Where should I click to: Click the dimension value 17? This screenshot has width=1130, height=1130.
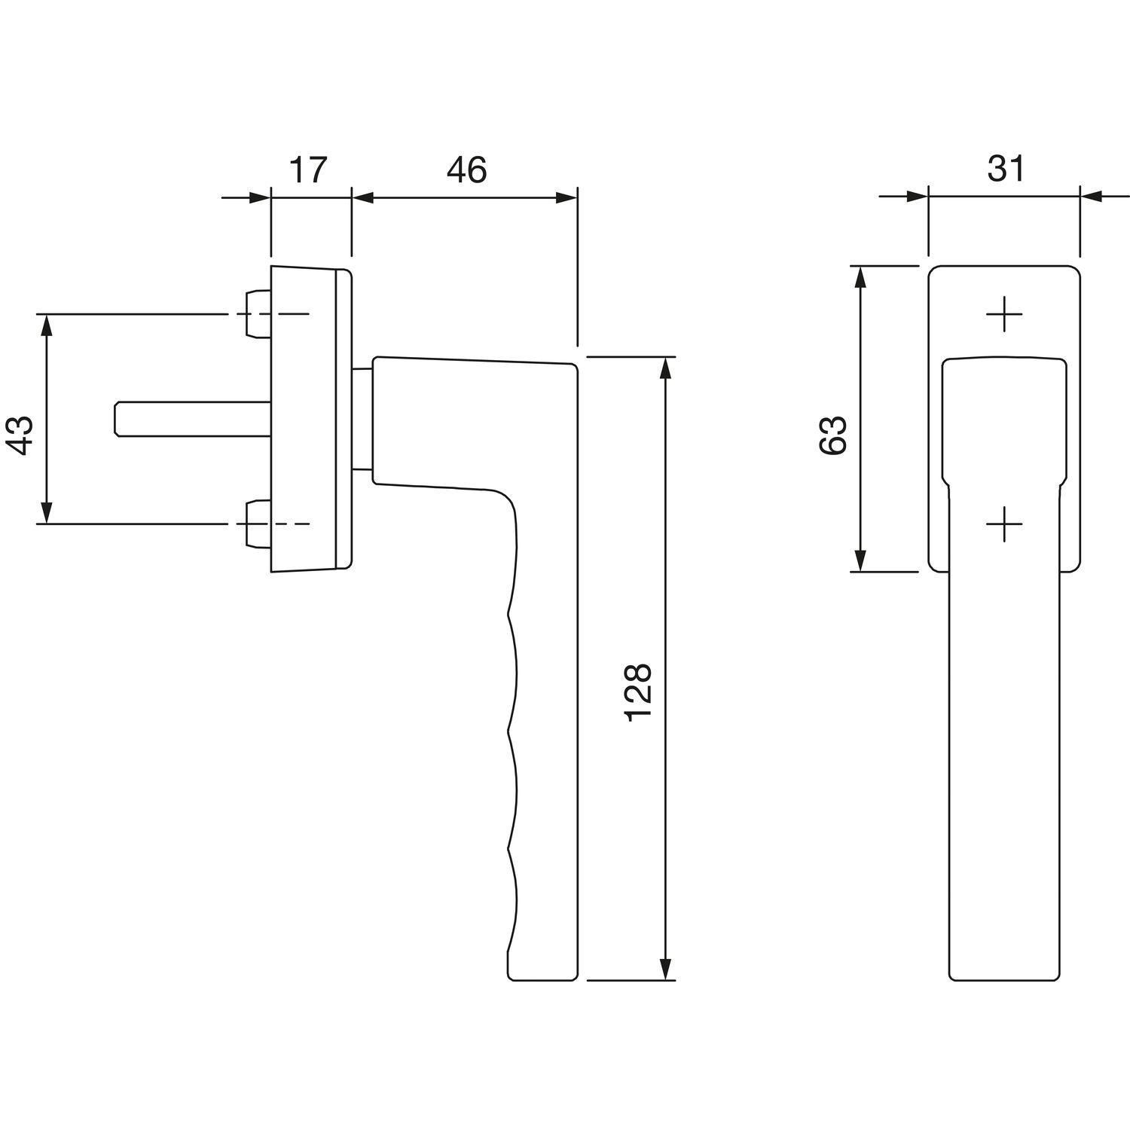coord(310,170)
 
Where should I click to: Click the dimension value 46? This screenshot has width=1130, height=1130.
coord(466,170)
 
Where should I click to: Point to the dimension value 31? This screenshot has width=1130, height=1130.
coord(1006,170)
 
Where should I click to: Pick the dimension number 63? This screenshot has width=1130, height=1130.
coord(833,435)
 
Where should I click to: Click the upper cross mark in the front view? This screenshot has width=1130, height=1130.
coord(1005,314)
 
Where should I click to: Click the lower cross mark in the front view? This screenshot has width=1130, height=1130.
coord(1005,524)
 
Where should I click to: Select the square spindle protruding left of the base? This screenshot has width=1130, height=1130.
coord(192,418)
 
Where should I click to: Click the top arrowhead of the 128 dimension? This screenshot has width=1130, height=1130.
coord(665,369)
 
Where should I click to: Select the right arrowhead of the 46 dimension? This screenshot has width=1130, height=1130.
coord(566,198)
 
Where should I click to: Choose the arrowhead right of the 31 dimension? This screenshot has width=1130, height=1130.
coord(1093,198)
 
